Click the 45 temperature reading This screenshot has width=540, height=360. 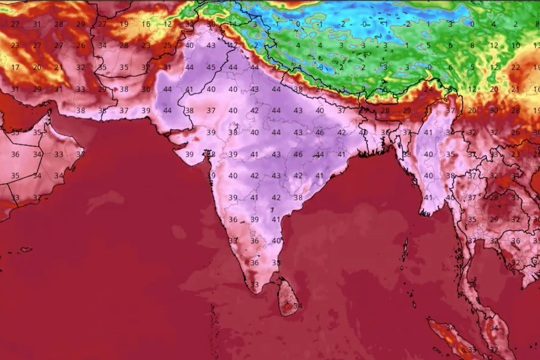(x=211, y=67)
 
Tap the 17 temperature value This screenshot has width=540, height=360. (x=15, y=67)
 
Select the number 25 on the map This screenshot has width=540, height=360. (x=168, y=46)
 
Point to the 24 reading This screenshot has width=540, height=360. (x=428, y=89)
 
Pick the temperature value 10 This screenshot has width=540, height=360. (x=516, y=46)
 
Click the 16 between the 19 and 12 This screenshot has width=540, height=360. (x=146, y=24)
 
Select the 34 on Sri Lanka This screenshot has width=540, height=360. (x=298, y=306)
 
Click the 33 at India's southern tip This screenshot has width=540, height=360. (x=255, y=284)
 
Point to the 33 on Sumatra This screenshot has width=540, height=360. (x=472, y=350)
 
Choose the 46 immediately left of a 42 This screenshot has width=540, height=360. (x=319, y=132)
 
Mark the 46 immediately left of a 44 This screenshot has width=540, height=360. (x=298, y=154)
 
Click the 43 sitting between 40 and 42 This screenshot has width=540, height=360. (x=276, y=176)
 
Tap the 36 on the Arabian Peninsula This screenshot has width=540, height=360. (x=15, y=154)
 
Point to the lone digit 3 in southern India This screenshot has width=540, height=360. (x=272, y=209)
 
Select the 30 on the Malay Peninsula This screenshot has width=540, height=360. (x=472, y=284)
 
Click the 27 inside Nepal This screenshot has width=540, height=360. (x=319, y=89)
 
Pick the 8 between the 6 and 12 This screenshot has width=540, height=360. (x=472, y=46)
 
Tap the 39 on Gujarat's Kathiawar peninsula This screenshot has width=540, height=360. (x=189, y=154)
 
